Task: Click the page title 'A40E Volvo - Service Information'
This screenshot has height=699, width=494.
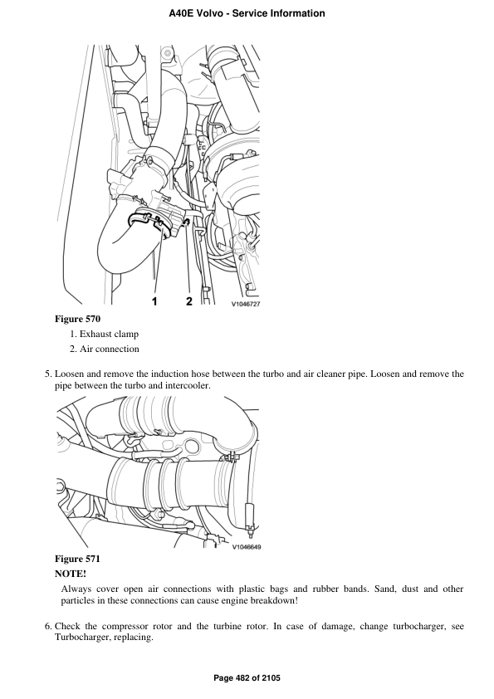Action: [247, 13]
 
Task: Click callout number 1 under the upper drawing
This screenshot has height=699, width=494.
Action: [154, 302]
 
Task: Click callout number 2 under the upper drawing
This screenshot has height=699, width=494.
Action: [189, 301]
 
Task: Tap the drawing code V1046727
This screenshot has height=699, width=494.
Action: [245, 304]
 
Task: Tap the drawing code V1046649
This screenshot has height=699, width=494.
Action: [246, 547]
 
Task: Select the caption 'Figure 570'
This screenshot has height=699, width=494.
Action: [77, 319]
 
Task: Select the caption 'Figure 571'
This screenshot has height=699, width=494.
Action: [77, 559]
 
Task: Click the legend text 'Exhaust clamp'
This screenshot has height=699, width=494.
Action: [110, 334]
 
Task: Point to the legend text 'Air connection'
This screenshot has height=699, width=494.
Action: [110, 349]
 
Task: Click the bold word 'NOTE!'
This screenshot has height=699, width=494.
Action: [71, 574]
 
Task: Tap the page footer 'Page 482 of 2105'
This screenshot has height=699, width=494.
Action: [247, 678]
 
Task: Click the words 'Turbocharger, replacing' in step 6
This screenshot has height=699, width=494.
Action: [103, 637]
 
